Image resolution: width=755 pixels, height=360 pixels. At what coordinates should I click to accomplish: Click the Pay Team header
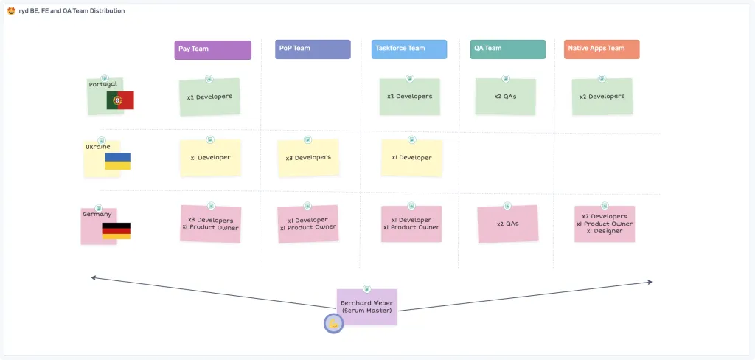pyautogui.click(x=212, y=49)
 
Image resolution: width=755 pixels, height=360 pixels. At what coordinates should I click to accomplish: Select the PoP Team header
pyautogui.click(x=313, y=49)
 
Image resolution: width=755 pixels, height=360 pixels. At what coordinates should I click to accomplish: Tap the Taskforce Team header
pyautogui.click(x=409, y=49)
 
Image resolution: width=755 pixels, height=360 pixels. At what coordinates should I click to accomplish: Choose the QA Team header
pyautogui.click(x=508, y=49)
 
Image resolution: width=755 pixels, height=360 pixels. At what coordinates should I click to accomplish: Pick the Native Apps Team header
pyautogui.click(x=602, y=49)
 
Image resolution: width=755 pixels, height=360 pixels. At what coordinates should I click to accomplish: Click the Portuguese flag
pyautogui.click(x=120, y=100)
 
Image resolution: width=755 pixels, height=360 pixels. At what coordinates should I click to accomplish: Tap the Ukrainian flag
pyautogui.click(x=117, y=161)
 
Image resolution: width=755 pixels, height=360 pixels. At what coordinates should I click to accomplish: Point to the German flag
pyautogui.click(x=116, y=231)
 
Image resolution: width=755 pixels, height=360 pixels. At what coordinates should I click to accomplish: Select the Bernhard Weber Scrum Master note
pyautogui.click(x=366, y=307)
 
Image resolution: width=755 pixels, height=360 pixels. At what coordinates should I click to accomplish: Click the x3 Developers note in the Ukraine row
pyautogui.click(x=308, y=158)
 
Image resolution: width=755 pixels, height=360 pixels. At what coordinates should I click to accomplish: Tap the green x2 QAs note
pyautogui.click(x=505, y=97)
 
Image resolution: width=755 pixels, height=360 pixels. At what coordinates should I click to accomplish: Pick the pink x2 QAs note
pyautogui.click(x=507, y=224)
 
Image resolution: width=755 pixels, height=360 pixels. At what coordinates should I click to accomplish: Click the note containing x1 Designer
pyautogui.click(x=605, y=224)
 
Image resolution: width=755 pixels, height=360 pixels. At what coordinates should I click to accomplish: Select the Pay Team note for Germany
pyautogui.click(x=211, y=224)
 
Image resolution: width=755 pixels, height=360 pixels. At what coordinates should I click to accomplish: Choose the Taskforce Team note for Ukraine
pyautogui.click(x=411, y=158)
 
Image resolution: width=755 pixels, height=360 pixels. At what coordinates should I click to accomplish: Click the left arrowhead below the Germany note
pyautogui.click(x=94, y=277)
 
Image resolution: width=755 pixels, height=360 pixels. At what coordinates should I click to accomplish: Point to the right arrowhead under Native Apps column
pyautogui.click(x=650, y=281)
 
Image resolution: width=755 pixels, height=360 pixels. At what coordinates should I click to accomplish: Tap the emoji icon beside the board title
pyautogui.click(x=11, y=11)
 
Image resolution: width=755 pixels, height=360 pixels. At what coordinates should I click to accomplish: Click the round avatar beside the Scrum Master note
pyautogui.click(x=333, y=323)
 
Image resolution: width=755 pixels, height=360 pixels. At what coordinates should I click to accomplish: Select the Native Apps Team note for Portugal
pyautogui.click(x=602, y=97)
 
